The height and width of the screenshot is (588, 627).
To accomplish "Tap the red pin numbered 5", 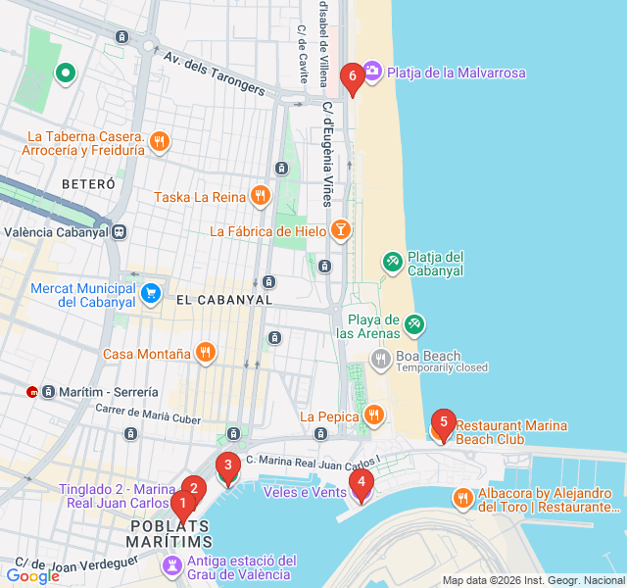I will pos(443,424).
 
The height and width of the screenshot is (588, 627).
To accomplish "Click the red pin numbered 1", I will pos(181,505).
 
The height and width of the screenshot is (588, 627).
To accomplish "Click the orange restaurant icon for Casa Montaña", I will pos(205,354).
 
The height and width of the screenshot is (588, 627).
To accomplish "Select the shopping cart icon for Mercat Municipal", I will pos(150,293).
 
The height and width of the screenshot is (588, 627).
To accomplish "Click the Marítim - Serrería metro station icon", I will pos(33,392).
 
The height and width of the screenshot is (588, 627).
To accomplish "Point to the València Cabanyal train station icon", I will pos(119,232).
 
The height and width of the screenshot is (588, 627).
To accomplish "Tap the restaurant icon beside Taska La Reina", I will pos(260,196).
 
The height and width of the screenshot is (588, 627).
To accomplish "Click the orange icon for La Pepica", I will pos(373,416).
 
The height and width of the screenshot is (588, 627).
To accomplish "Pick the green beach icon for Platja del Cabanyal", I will pos(392,261).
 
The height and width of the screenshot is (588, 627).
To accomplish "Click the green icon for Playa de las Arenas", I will pos(414,324).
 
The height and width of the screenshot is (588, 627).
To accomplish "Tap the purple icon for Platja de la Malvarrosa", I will pos(372,72).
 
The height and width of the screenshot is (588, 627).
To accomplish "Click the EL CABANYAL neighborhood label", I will pos(223,300).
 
